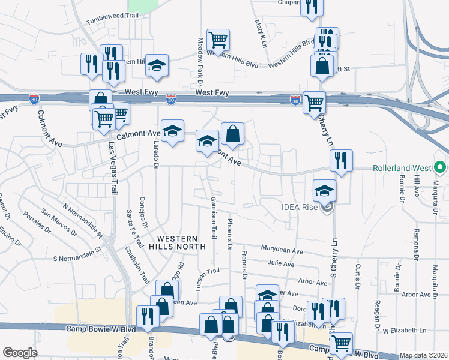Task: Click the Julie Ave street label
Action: (281, 263)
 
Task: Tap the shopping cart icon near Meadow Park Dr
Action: (218, 40)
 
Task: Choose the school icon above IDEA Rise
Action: (324, 190)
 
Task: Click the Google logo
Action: (20, 353)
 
